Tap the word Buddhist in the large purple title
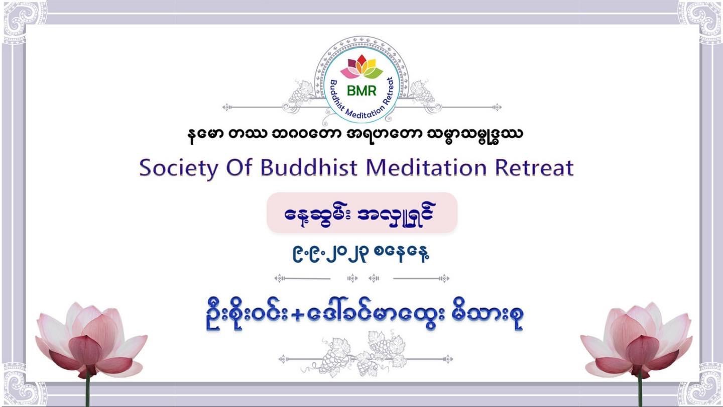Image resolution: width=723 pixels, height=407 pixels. click(x=309, y=168)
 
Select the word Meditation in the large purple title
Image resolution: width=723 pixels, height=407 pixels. click(x=426, y=168)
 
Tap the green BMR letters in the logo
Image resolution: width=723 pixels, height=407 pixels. click(x=361, y=91)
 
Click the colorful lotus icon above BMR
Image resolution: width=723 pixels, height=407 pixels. click(x=361, y=67)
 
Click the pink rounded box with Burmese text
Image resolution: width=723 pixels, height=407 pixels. click(x=362, y=213)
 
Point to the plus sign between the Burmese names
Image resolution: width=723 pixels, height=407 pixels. click(x=297, y=316)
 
